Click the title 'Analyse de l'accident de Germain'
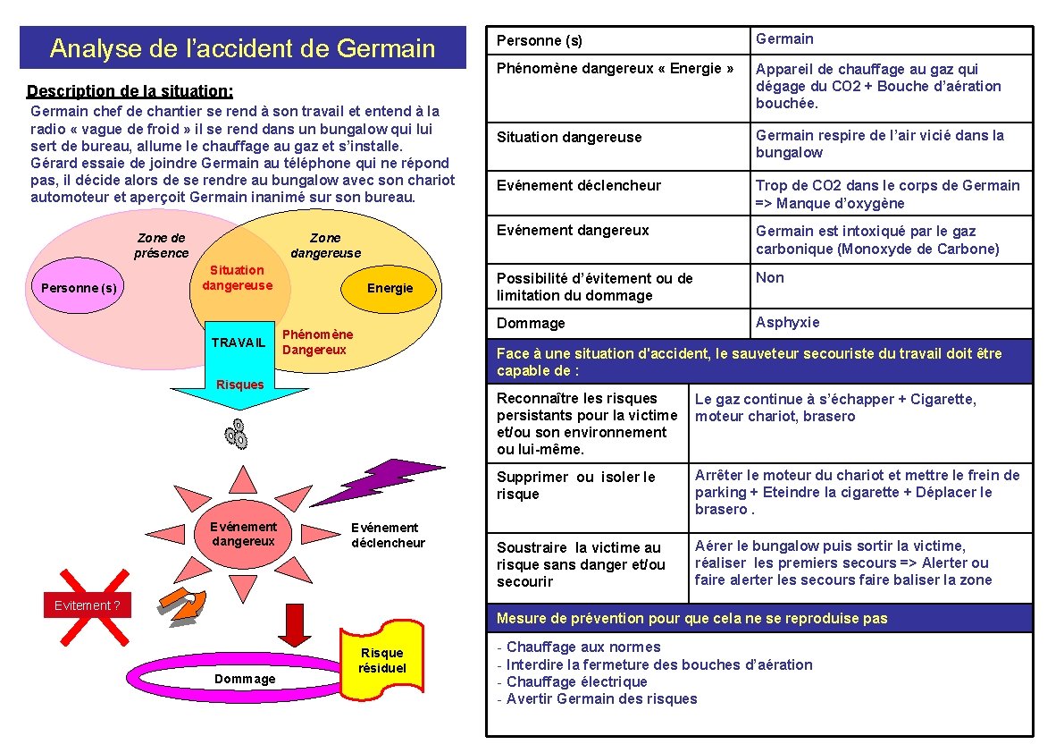click(242, 48)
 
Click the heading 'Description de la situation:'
click(130, 91)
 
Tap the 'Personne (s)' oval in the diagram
click(79, 289)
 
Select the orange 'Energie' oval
click(390, 288)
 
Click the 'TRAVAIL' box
click(239, 343)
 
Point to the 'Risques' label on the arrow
click(241, 385)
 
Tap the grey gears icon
click(237, 433)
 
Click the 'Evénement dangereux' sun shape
click(243, 535)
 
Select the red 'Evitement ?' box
click(88, 605)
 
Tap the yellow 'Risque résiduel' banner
click(381, 662)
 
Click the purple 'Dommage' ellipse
click(245, 680)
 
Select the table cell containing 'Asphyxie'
click(891, 323)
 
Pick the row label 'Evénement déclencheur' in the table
click(579, 186)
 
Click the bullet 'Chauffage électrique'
click(576, 681)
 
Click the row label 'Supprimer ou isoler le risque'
click(576, 486)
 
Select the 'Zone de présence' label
click(162, 245)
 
